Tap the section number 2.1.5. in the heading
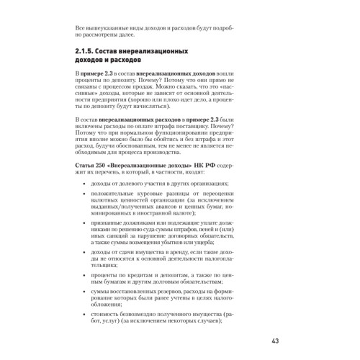click(x=91, y=54)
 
